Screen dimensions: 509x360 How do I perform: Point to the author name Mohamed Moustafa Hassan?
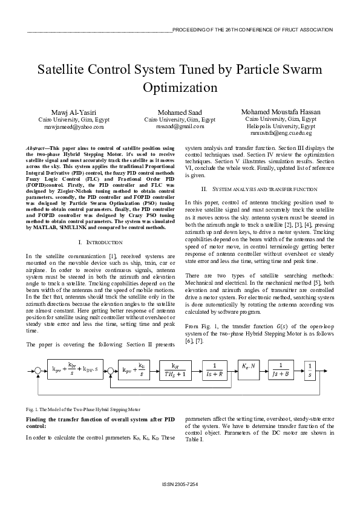281,112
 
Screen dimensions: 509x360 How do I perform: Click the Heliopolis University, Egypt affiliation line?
281,126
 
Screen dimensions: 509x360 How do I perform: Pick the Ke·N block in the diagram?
247,366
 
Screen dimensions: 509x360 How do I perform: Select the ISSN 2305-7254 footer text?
180,485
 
